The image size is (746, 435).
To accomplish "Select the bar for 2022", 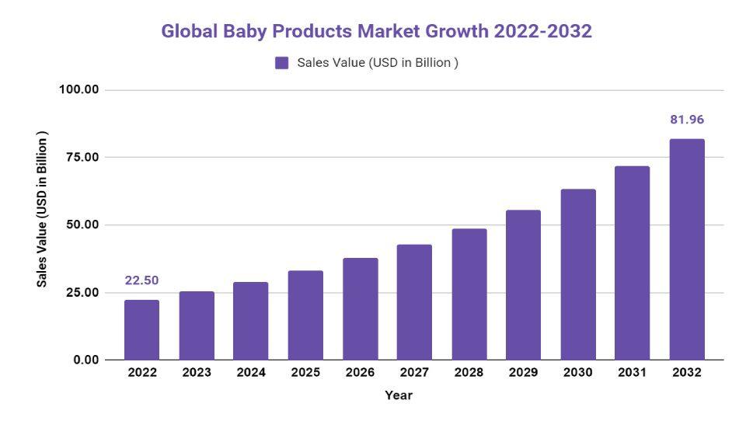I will pos(141,329).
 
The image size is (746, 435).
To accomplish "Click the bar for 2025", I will pos(305,315).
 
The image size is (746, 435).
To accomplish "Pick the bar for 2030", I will pos(578,274).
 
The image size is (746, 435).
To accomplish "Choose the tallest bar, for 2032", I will pos(687,249).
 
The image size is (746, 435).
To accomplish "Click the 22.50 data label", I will pos(141,280).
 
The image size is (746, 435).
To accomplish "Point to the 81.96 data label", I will pos(687,120).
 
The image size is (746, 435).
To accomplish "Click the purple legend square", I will pos(282,63).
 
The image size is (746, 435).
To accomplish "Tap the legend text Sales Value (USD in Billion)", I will pos(378,63).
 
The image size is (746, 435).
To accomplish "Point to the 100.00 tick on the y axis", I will pos(78,89).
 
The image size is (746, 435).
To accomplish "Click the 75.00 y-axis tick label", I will pos(82,157).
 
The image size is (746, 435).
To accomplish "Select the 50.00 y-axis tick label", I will pos(82,224).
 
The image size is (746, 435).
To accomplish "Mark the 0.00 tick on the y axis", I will pos(85,360).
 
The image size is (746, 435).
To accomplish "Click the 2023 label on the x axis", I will pos(197,373).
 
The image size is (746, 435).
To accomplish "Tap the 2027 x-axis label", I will pos(414,373).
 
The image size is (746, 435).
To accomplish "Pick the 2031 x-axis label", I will pos(633,373).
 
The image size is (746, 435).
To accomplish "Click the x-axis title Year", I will pos(399,395).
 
